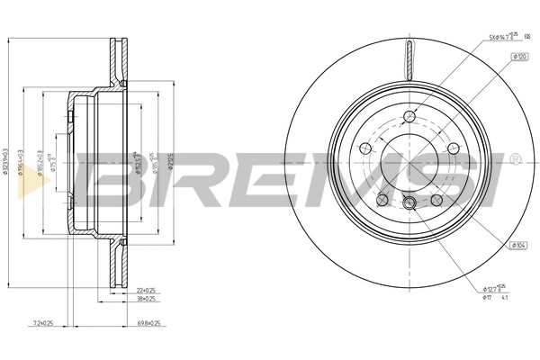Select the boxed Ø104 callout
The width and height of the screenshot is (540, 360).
(x=518, y=244)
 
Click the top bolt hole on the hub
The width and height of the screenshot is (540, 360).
(x=410, y=116)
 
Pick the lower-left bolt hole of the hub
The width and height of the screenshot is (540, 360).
(x=382, y=200)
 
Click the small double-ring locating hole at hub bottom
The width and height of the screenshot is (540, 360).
(x=410, y=202)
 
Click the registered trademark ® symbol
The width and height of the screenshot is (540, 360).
(x=514, y=160)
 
